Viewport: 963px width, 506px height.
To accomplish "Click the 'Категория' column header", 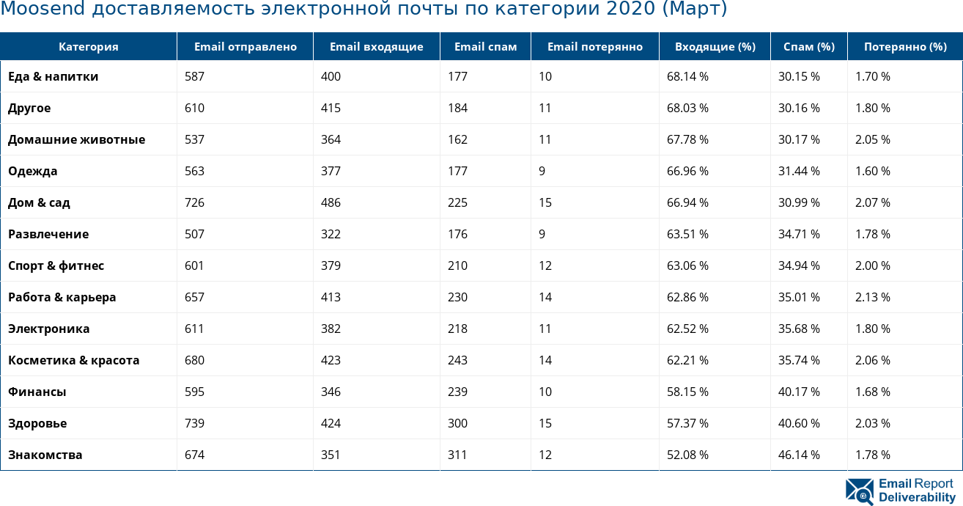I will point(88,47).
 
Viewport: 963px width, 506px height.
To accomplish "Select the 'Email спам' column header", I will point(485,47).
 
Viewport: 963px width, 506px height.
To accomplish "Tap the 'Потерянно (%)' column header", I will point(905,47).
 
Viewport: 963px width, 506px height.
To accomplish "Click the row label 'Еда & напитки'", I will point(53,76).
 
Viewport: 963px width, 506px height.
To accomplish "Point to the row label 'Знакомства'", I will point(45,455).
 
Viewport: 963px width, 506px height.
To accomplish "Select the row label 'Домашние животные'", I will point(76,139).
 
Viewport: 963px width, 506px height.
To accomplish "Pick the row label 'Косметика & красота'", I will point(73,360).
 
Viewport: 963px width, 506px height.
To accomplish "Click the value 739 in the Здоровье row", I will point(194,423).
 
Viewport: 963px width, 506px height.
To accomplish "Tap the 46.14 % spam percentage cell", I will point(799,455).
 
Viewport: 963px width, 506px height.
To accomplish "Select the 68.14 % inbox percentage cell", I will point(687,76).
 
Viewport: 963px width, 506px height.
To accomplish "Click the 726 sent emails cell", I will point(194,202).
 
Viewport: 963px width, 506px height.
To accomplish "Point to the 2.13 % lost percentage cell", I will point(872,297).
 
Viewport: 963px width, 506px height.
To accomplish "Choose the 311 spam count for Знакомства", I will point(457,455).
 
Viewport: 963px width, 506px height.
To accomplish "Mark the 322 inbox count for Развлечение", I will point(331,234).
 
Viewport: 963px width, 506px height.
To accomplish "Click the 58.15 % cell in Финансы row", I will point(687,392).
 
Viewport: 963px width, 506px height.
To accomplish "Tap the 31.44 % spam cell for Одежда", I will point(799,171).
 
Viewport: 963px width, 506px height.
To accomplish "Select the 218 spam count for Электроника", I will point(457,329).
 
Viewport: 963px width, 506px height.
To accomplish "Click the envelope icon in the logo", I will point(860,491).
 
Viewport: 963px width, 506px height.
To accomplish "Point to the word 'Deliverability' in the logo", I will point(917,497).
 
